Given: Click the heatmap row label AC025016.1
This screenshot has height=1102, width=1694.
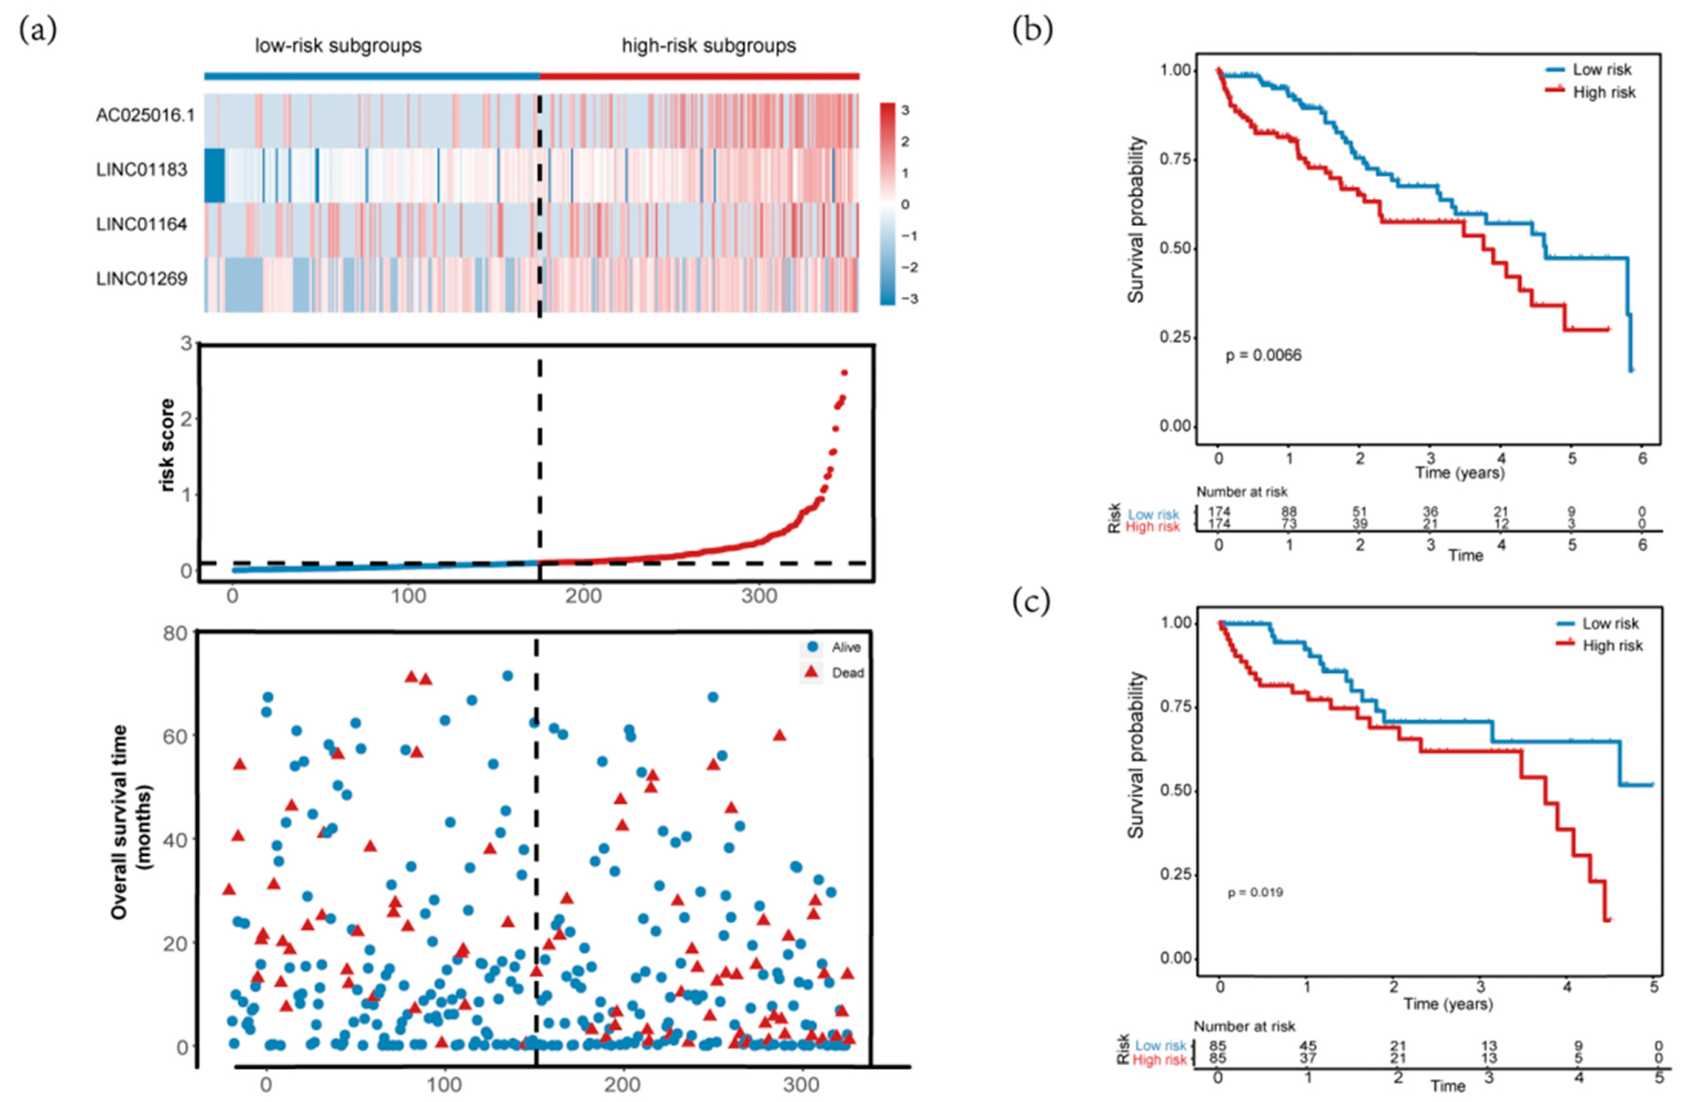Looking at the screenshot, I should (145, 115).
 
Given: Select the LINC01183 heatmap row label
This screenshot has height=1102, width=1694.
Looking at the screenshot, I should (142, 170).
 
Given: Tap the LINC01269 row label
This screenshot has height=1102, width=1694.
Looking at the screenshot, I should (142, 279).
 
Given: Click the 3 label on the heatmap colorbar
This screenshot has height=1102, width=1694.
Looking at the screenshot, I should (905, 110).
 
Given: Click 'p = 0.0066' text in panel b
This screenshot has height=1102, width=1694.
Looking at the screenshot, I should (1263, 355).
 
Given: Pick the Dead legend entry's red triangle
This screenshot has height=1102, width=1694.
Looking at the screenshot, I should (812, 672).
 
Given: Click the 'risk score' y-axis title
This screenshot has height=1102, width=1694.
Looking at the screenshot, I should (167, 445).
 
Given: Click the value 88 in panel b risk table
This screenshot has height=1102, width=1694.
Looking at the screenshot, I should (1288, 511).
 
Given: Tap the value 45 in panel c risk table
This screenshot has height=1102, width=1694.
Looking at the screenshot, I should (1307, 1046).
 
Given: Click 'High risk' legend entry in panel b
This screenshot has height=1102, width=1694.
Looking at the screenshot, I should (1604, 93).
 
